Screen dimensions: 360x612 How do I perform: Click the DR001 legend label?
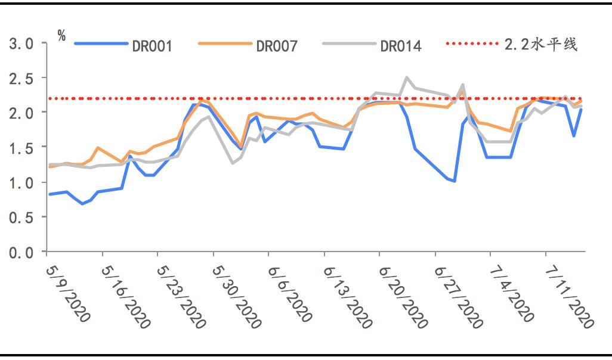153,46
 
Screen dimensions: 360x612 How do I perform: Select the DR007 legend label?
277,46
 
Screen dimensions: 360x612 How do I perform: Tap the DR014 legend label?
401,46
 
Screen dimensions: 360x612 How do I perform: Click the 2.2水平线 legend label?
541,45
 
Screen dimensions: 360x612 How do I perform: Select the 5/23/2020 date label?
181,296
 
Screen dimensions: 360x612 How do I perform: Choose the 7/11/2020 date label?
570,296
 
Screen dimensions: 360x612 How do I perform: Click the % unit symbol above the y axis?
61,35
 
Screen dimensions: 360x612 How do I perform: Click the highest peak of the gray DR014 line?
407,77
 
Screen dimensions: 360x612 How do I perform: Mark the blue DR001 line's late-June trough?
455,181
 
